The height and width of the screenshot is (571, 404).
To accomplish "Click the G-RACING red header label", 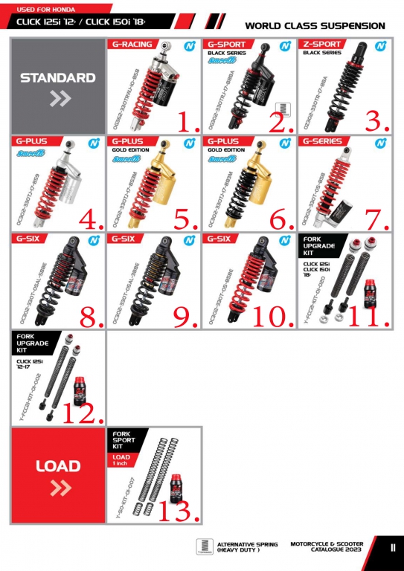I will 132,44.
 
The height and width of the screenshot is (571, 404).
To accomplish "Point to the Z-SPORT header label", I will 323,44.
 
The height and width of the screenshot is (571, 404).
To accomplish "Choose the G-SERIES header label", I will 323,141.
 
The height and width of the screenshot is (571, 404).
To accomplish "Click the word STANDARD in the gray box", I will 57,77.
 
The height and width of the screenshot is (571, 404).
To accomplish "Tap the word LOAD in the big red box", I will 57,466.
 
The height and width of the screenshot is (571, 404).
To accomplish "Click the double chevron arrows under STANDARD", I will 58,98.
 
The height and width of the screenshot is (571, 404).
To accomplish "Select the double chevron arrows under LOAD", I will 58,488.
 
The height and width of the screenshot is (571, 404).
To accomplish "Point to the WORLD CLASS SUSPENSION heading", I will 315,26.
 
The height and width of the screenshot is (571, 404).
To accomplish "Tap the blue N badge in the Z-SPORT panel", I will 381,45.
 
